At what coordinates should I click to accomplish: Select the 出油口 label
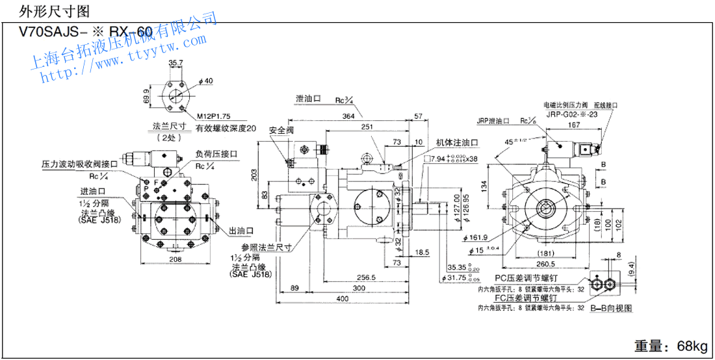click(x=240, y=231)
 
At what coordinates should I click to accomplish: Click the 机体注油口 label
click(x=456, y=142)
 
